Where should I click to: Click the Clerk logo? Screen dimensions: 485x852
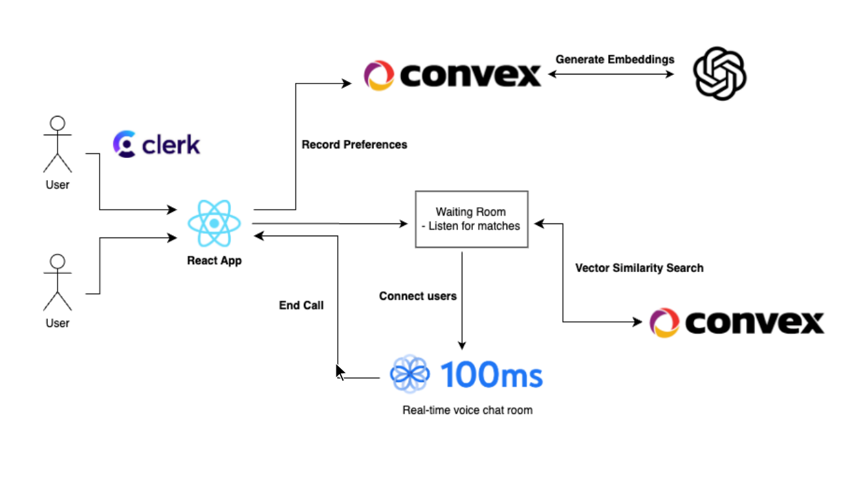point(157,144)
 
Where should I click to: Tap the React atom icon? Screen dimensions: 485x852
point(214,223)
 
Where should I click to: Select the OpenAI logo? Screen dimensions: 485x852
point(719,74)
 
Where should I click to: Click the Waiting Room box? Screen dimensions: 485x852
point(471,219)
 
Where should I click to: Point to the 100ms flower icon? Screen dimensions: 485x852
point(410,374)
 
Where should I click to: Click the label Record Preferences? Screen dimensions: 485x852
point(354,144)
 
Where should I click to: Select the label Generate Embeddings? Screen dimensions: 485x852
point(615,60)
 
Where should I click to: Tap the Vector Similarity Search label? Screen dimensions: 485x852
point(639,268)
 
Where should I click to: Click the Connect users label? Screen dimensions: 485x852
point(417,296)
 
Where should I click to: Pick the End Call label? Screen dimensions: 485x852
point(301,305)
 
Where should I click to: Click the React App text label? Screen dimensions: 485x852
point(214,261)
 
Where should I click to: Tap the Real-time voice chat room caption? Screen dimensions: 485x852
point(467,410)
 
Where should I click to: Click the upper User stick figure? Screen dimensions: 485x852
point(58,144)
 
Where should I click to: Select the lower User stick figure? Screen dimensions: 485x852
point(58,282)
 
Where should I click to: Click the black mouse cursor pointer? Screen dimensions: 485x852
point(340,372)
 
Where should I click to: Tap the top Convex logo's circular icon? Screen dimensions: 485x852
point(379,75)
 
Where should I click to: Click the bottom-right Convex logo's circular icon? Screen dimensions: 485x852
point(664,322)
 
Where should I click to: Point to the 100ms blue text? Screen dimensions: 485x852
point(492,374)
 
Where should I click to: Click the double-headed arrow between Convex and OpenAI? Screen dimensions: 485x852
point(611,74)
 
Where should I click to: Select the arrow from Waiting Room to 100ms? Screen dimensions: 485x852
point(462,301)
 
